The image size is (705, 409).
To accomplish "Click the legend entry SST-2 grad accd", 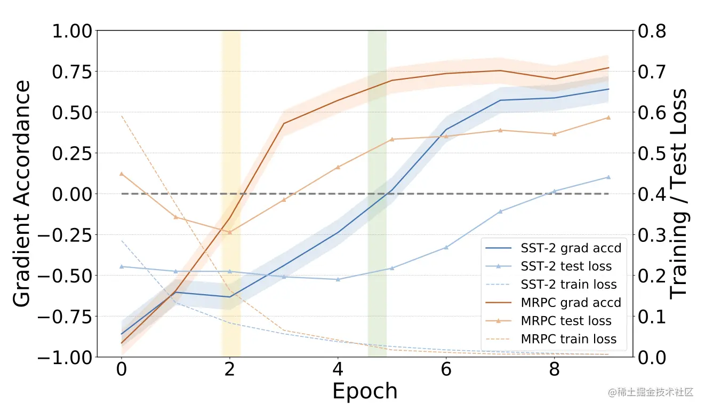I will (571, 248).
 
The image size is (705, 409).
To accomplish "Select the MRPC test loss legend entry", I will (566, 321).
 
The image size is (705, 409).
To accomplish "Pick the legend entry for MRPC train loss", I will (568, 339).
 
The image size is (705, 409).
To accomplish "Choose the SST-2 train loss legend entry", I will (568, 285).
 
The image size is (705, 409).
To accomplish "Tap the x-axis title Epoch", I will (365, 391).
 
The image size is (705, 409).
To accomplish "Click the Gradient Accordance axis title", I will (22, 193).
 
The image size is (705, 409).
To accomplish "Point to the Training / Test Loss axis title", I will (679, 193).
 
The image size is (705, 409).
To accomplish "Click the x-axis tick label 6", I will (446, 369).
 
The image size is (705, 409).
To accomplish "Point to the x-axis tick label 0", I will (122, 369).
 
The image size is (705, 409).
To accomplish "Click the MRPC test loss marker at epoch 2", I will (230, 232).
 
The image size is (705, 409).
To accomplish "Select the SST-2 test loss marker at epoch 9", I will (608, 177).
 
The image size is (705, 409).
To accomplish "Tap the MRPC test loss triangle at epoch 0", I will (122, 174).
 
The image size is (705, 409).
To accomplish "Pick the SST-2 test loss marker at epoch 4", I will (338, 279).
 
